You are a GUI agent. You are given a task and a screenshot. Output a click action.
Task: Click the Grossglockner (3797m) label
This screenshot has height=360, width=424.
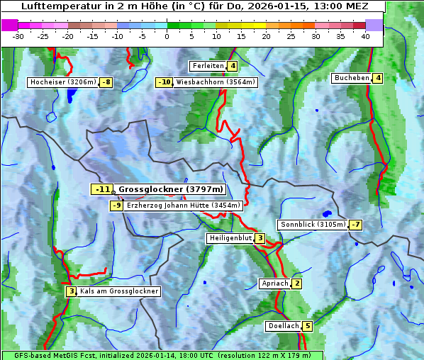(x=171, y=189)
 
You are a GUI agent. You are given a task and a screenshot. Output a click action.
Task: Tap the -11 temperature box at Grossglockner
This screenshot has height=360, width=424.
(x=102, y=189)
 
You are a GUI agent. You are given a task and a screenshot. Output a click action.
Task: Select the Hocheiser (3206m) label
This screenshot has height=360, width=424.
(x=63, y=82)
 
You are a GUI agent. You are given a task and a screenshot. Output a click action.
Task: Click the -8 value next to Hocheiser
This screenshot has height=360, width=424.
(x=106, y=82)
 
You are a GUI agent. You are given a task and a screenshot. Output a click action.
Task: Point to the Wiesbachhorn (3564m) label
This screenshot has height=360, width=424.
(x=216, y=82)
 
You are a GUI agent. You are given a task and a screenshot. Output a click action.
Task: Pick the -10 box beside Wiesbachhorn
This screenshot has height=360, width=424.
(x=164, y=82)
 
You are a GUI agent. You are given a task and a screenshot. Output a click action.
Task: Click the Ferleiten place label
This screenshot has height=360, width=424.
(x=208, y=66)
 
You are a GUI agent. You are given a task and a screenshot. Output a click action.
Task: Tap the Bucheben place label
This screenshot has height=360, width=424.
(x=352, y=78)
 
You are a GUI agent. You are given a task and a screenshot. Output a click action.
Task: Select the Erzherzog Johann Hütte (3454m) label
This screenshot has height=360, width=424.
(x=184, y=206)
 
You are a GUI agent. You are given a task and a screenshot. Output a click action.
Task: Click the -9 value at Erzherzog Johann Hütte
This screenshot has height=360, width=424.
(x=117, y=206)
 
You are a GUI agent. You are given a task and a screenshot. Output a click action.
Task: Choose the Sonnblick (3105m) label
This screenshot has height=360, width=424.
(x=313, y=225)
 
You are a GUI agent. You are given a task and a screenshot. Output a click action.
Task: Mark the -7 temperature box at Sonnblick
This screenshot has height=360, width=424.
(x=356, y=225)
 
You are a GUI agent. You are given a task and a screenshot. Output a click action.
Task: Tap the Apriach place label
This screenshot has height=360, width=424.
(x=274, y=283)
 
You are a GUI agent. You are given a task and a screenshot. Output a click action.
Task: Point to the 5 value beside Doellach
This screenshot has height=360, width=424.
(x=307, y=327)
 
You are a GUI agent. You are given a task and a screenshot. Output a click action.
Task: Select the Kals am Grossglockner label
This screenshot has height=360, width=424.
(x=118, y=291)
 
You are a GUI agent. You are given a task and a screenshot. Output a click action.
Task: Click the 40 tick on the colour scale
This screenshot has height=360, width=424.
(x=365, y=36)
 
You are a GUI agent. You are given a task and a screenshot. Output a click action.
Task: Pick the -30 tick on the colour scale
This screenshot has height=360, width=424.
(x=18, y=36)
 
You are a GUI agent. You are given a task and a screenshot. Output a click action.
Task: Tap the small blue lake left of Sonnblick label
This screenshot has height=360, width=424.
(x=327, y=213)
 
